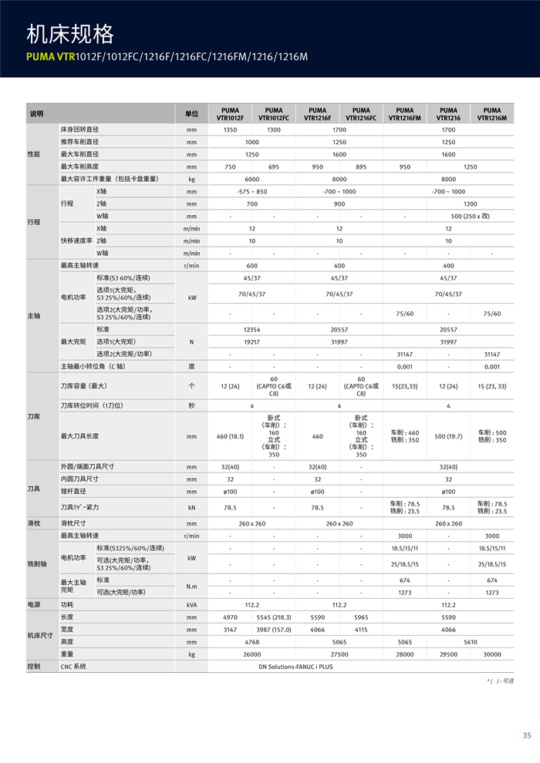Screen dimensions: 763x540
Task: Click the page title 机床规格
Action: [70, 35]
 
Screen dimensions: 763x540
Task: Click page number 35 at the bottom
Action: [527, 735]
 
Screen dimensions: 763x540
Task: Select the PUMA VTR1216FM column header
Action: [404, 114]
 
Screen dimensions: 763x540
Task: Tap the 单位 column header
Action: [191, 114]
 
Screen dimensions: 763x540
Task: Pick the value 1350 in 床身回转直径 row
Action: [230, 130]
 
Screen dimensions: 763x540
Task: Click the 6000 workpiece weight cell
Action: [251, 179]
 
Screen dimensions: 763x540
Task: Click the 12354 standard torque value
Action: [251, 329]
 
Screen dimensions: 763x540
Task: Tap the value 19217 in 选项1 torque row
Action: [251, 341]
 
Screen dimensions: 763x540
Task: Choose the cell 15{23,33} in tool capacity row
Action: [404, 385]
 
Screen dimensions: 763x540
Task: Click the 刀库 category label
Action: [34, 416]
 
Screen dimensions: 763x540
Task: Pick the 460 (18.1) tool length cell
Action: [230, 436]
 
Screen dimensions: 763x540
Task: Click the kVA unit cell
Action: [191, 605]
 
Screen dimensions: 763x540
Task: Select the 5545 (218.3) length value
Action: [274, 617]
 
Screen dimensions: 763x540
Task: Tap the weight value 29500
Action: [448, 654]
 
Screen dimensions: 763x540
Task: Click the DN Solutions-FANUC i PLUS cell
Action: [295, 667]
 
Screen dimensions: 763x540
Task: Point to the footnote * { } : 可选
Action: [500, 681]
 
